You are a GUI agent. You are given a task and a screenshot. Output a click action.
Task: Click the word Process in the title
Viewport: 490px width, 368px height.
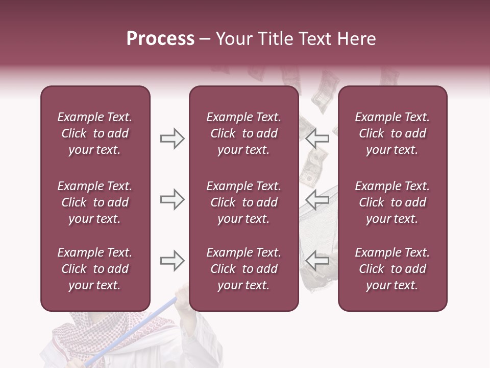(160, 39)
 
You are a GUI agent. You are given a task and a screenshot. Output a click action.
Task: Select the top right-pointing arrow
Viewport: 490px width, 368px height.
(172, 139)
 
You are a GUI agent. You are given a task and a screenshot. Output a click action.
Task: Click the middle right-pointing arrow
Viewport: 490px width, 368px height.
(172, 199)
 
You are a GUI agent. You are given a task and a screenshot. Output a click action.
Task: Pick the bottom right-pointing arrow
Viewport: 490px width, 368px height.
(172, 261)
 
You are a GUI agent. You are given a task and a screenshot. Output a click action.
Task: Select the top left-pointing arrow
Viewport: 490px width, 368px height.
(317, 138)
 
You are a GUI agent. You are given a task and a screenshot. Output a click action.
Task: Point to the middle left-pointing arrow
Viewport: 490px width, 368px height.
(317, 199)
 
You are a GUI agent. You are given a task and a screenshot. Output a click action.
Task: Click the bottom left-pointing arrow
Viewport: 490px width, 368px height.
(317, 261)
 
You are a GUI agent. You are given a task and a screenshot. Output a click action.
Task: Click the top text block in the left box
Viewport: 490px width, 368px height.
(95, 133)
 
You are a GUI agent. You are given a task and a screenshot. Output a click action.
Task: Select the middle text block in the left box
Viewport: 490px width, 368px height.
(95, 202)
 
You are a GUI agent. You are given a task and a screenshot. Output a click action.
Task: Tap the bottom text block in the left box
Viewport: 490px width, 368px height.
(95, 269)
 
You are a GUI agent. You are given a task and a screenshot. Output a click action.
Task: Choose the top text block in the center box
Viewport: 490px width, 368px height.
(243, 133)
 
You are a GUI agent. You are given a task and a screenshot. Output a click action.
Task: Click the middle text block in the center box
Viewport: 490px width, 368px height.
(243, 202)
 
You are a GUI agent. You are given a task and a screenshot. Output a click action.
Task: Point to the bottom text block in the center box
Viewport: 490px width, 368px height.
(243, 269)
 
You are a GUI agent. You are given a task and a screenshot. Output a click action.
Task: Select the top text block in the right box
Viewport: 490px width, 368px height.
(392, 133)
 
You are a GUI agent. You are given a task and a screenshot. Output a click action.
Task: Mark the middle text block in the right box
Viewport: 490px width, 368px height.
(392, 202)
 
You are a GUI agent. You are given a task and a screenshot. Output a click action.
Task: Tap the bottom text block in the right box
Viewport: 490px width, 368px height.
(392, 269)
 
